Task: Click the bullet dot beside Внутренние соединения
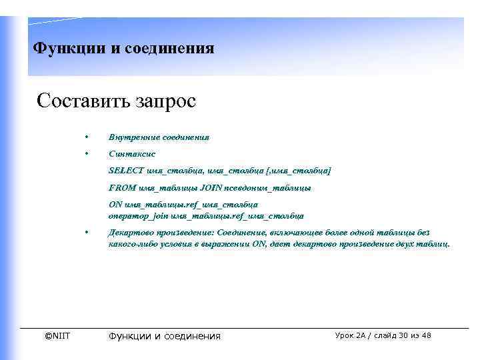click(87, 137)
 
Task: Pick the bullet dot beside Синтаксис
click(87, 154)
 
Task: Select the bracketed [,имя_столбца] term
click(297, 171)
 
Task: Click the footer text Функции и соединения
click(164, 336)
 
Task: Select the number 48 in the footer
click(426, 335)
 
